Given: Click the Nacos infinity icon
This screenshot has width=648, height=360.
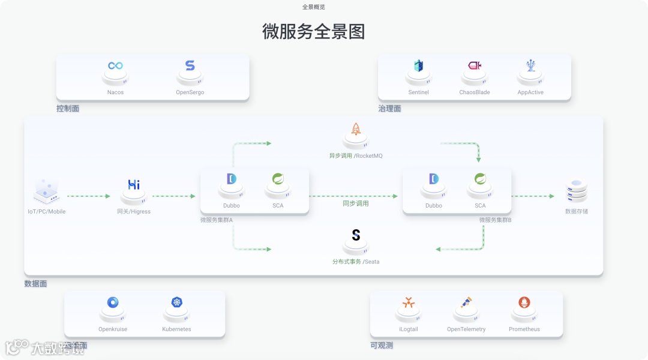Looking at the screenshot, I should pos(115,66).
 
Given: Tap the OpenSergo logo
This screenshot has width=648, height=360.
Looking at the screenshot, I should pos(190,66).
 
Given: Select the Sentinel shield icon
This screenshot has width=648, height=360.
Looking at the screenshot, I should pos(419,66).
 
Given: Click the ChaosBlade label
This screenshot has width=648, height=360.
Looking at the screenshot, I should pos(475,92).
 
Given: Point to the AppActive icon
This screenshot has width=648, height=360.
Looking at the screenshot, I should pos(530,65).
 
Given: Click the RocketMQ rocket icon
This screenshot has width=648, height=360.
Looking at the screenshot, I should pos(356,129).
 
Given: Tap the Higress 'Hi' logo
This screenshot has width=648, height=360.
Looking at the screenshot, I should pos(134,185).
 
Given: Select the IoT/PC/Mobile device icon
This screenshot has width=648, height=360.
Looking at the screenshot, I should pos(46,190).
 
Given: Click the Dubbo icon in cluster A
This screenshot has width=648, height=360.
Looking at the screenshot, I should pos(232,179).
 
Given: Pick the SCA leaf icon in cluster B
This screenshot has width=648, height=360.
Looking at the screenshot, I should pos(480,179).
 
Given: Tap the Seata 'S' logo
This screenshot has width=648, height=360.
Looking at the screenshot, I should pos(356,235).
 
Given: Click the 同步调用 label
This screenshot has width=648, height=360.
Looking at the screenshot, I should pos(356,203).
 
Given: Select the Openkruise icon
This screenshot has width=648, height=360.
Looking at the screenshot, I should pos(113,302).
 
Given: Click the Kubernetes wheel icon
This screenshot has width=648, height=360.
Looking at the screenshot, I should pos(176,302).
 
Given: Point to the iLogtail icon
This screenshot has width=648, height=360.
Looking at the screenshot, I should pos(409,302).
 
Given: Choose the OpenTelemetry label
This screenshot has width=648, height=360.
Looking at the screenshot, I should pos(466,329).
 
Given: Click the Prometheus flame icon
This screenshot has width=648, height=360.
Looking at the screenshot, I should pos(524,302).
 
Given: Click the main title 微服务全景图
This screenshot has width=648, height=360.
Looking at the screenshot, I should pos(314,31).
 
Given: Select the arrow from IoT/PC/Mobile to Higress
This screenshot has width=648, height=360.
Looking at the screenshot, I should pos(89,196).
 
